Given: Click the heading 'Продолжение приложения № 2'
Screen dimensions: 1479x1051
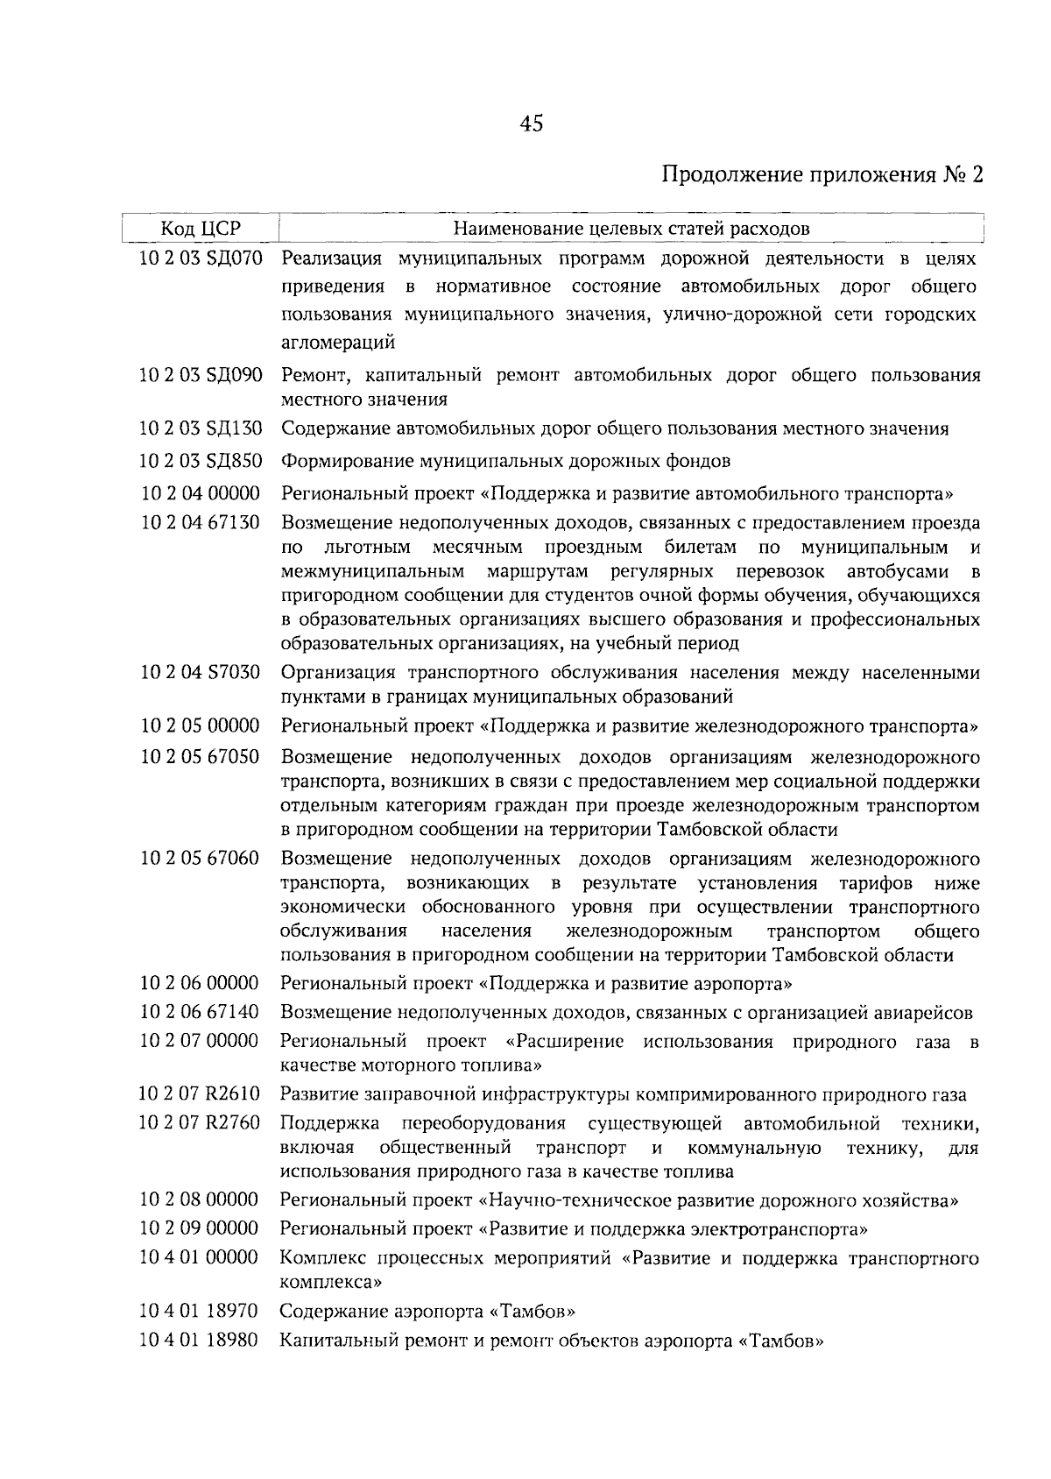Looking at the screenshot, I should click(822, 174).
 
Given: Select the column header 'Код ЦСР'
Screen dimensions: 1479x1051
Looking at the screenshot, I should click(201, 230).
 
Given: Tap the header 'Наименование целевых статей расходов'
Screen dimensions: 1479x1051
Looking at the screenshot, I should click(631, 230).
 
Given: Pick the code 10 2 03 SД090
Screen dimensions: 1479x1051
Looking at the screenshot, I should click(201, 376).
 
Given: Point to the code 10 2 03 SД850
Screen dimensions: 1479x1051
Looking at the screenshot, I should click(201, 460).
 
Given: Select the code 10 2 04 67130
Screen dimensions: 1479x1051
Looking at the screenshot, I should click(201, 523).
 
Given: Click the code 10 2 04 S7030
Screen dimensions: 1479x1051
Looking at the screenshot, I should click(201, 673).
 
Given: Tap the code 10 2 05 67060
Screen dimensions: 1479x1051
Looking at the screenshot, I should click(201, 858).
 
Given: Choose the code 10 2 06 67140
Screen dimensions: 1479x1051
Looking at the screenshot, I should click(201, 1012).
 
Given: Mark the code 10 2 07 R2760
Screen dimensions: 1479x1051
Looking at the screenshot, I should click(201, 1122).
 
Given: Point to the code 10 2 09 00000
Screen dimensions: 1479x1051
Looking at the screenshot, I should click(201, 1228).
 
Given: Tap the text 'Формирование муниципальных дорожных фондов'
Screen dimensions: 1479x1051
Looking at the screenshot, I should click(505, 461).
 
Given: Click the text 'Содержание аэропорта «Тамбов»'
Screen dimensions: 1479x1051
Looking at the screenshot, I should click(427, 1313).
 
